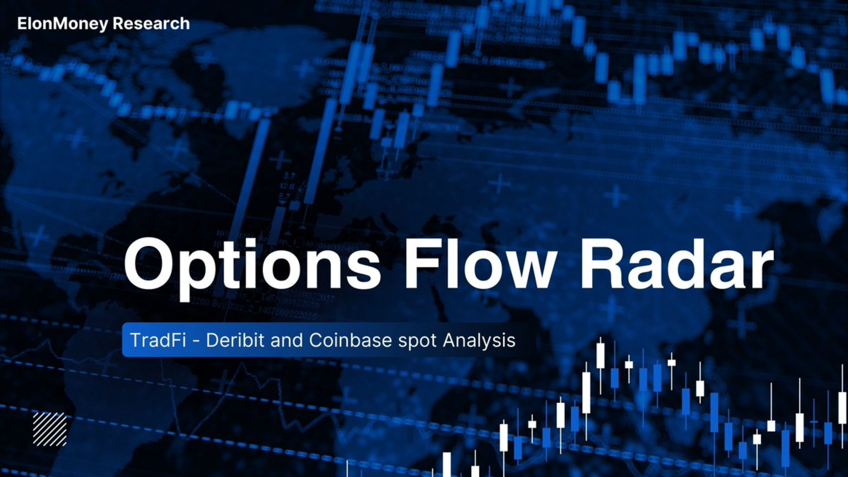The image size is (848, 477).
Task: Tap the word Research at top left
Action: tap(151, 23)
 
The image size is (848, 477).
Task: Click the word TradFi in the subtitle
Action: tap(158, 340)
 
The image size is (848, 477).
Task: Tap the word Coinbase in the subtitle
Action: tap(350, 340)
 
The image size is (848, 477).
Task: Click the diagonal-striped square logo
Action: tap(50, 429)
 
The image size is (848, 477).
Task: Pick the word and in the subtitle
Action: tap(287, 340)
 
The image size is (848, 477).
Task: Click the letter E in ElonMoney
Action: tap(23, 23)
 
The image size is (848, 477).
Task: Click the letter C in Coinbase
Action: tap(317, 340)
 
